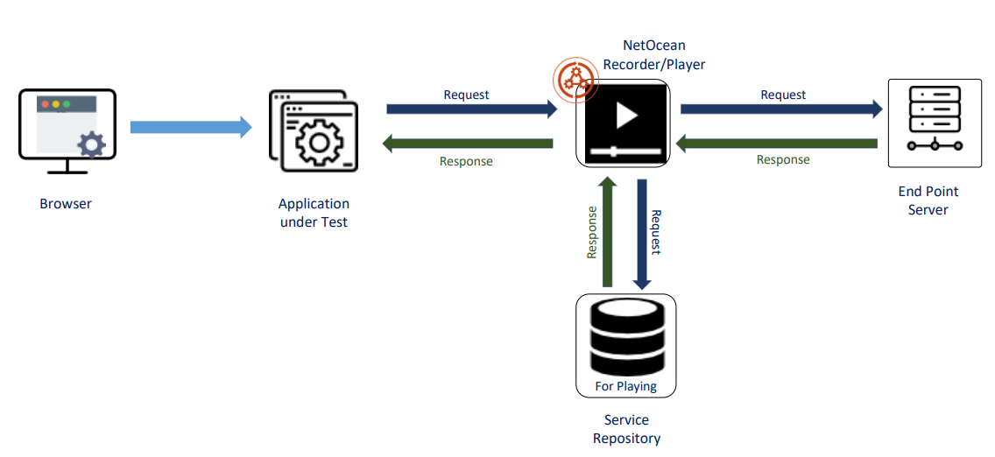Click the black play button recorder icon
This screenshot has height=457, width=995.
pos(623,123)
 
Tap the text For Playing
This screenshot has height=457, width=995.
pos(625,386)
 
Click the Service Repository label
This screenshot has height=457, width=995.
pos(626,430)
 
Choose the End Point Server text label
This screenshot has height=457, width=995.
pos(928,200)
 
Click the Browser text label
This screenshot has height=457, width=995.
pos(66,204)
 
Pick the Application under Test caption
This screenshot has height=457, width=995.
pos(314,213)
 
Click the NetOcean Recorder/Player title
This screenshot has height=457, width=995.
pos(653,54)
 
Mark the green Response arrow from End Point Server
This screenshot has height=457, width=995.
pos(780,143)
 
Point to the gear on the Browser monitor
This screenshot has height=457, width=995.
pos(91,144)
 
